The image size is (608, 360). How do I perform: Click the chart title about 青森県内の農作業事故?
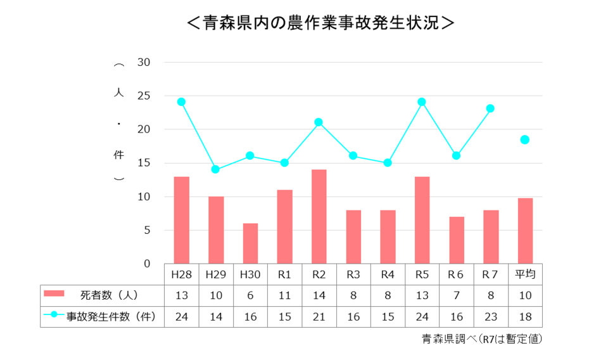(320, 23)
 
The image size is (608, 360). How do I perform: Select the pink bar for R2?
(319, 216)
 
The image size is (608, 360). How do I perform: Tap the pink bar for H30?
(250, 243)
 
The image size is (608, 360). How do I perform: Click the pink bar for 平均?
(525, 231)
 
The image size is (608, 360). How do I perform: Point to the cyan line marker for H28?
(181, 101)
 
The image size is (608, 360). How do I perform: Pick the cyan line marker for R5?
(422, 101)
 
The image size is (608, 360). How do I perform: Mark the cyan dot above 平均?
(525, 139)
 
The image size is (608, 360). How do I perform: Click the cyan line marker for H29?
(215, 169)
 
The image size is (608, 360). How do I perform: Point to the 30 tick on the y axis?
(143, 62)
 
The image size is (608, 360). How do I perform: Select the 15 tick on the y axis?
(143, 163)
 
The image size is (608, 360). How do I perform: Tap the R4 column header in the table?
(388, 274)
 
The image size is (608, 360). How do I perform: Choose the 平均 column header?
(525, 274)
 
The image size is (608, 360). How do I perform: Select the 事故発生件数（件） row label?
(112, 316)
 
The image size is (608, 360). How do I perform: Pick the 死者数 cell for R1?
(284, 295)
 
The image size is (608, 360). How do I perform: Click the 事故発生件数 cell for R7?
(491, 316)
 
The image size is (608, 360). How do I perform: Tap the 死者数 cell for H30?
(250, 295)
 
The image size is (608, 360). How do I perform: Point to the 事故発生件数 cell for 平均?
(525, 316)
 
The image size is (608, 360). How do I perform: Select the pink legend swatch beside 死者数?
(54, 293)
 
